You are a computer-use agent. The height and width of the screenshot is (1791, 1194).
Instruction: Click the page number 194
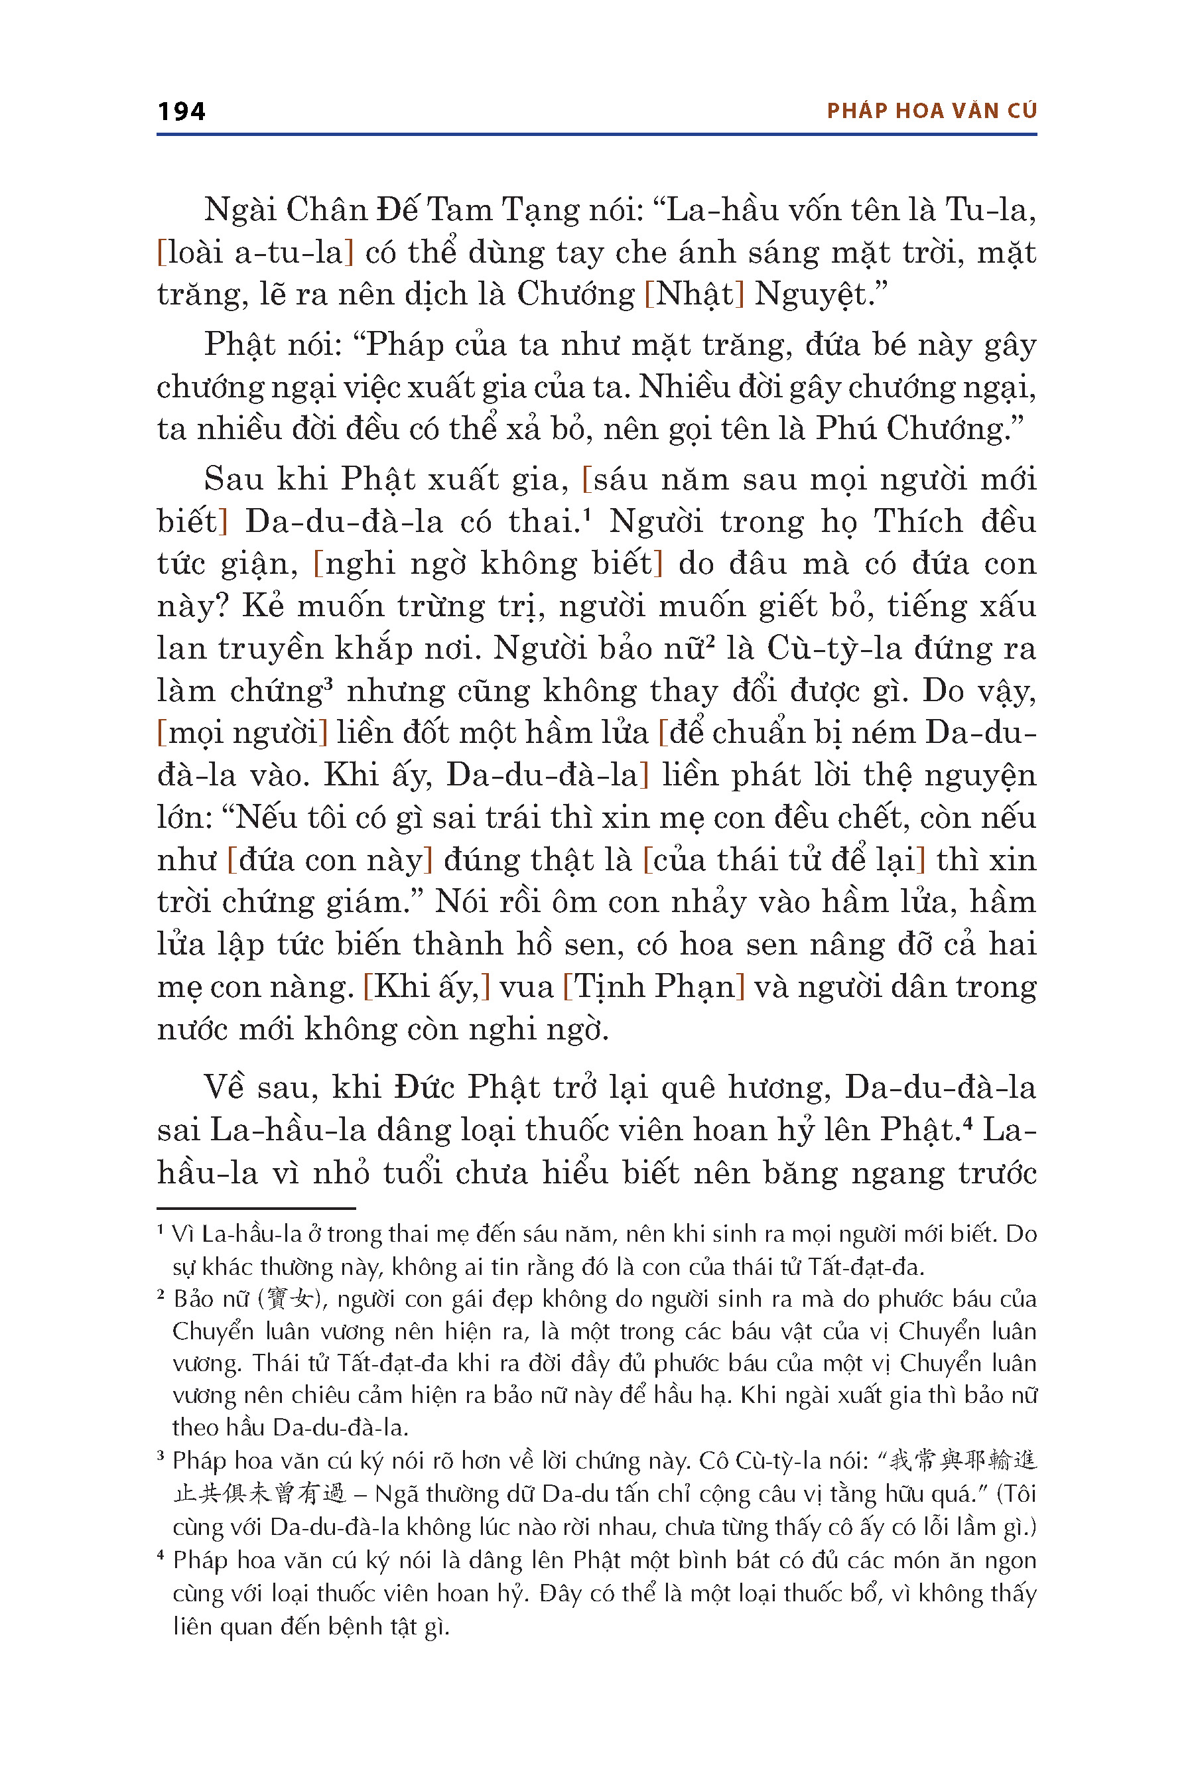181,111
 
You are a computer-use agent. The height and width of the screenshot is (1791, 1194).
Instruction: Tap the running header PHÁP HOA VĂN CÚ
931,111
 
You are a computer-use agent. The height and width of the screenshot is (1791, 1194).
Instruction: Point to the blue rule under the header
596,135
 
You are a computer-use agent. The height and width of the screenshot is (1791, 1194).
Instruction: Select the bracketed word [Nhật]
694,294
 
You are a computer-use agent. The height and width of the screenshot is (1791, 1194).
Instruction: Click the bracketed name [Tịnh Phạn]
653,986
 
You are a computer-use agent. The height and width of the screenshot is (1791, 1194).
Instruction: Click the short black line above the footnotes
256,1208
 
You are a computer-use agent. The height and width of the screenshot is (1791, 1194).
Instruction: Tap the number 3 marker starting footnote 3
161,1456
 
